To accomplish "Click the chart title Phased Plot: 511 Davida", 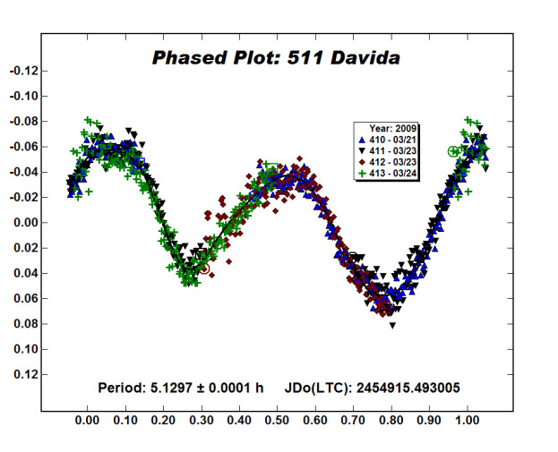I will pos(275,59).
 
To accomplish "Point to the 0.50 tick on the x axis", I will pos(277,418).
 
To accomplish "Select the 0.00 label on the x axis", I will pos(87,418).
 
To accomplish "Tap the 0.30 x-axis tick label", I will pos(201,418).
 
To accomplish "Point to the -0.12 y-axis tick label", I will pos(23,71).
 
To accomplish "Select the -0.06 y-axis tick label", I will pos(23,147).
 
